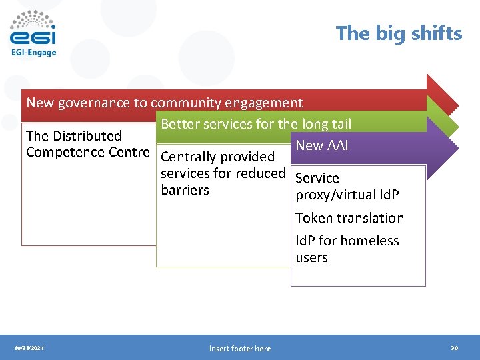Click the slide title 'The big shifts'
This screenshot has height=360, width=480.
[x=399, y=33]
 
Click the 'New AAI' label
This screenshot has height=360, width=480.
[x=322, y=145]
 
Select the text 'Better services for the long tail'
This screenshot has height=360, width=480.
[x=256, y=124]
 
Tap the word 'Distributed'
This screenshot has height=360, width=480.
[x=87, y=136]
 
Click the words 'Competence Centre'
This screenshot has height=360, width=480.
[x=87, y=152]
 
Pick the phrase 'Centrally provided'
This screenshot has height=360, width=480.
[x=217, y=157]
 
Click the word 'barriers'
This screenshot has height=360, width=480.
[x=185, y=190]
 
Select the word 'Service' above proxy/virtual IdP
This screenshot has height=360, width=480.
[x=317, y=178]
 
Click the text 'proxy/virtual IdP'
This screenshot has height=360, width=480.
[x=347, y=195]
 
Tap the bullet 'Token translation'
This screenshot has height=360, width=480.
[x=349, y=218]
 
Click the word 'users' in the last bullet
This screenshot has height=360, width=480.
[x=311, y=257]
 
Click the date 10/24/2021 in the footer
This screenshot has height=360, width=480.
[x=29, y=348]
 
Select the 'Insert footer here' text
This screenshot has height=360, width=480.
[x=240, y=348]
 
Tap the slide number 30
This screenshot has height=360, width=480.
[x=454, y=348]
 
